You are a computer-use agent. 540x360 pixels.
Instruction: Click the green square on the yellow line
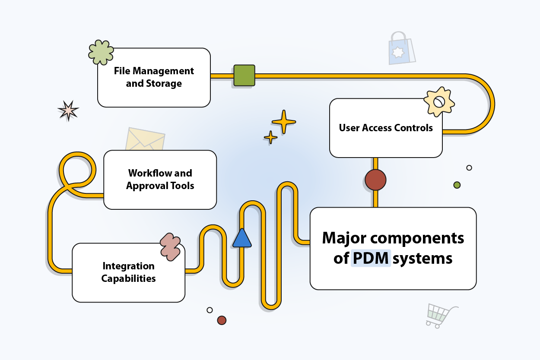[x=244, y=76]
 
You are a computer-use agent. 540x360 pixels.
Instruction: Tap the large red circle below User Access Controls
[x=375, y=180]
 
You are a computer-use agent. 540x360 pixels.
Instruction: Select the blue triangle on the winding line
[x=242, y=238]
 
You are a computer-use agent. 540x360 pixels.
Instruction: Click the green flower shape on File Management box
[x=101, y=53]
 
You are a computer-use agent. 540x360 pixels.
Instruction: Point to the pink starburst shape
[x=68, y=111]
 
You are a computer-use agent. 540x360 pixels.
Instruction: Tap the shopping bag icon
[x=401, y=49]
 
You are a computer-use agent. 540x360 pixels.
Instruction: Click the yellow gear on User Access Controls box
[x=439, y=102]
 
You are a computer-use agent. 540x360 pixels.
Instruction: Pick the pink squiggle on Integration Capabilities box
[x=170, y=247]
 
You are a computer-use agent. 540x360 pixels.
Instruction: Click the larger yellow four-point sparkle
[x=284, y=122]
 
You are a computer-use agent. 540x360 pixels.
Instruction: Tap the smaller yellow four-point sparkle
[x=271, y=137]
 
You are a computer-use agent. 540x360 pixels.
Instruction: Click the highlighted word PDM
[x=371, y=258]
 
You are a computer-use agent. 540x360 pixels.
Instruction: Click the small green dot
[x=457, y=185]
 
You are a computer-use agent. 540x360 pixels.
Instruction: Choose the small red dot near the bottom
[x=222, y=320]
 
